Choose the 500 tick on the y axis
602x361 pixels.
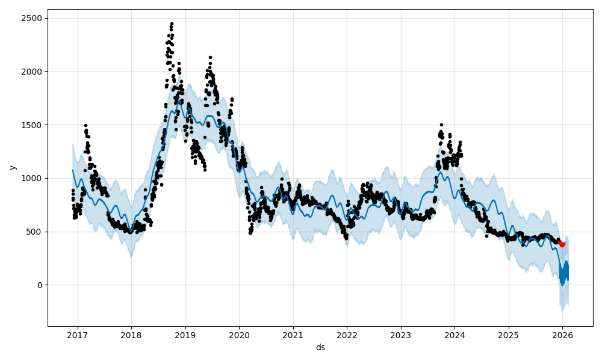[35, 232]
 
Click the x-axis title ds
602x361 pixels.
[320, 347]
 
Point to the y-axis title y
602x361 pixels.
[11, 167]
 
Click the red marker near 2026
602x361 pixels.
[562, 244]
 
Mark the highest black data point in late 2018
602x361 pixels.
[172, 23]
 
